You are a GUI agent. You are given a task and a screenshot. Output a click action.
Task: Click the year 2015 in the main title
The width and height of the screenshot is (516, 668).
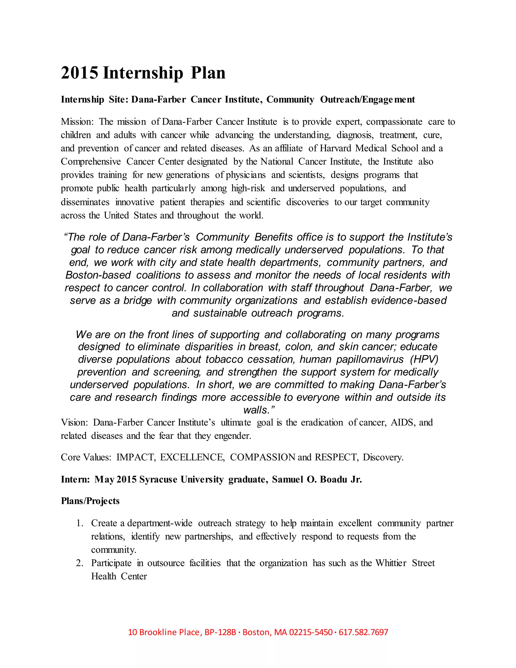[x=79, y=73]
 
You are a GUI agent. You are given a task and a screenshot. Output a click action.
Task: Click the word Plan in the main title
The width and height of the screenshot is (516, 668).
[x=208, y=73]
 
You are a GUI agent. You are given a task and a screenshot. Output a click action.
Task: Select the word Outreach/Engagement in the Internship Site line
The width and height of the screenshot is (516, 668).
[x=367, y=100]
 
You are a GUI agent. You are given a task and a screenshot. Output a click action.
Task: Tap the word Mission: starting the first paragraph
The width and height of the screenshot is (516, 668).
[x=77, y=122]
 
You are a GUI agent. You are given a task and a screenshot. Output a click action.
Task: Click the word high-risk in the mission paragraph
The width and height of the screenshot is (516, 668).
[x=248, y=188]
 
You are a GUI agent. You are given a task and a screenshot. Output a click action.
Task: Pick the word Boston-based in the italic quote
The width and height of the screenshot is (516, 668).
[x=98, y=275]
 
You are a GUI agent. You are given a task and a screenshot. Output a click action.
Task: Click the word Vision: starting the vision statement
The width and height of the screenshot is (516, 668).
[x=74, y=423]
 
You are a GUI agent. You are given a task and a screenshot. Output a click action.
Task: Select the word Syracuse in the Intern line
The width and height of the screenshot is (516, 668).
[x=158, y=479]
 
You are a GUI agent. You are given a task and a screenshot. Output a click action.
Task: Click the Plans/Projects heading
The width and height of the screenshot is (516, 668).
[x=90, y=501]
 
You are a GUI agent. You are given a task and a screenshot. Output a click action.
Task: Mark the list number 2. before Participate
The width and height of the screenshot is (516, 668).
[x=79, y=563]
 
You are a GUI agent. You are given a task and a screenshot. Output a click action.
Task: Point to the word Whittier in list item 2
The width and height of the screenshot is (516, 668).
[x=391, y=563]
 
